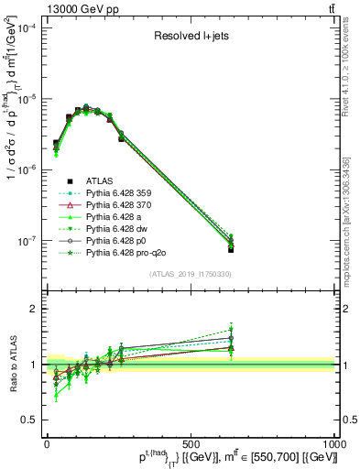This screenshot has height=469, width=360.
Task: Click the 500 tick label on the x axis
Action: click(x=191, y=442)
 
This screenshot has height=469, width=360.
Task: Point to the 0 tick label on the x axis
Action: click(x=47, y=442)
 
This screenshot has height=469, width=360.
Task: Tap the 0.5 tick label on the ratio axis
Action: click(x=30, y=420)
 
